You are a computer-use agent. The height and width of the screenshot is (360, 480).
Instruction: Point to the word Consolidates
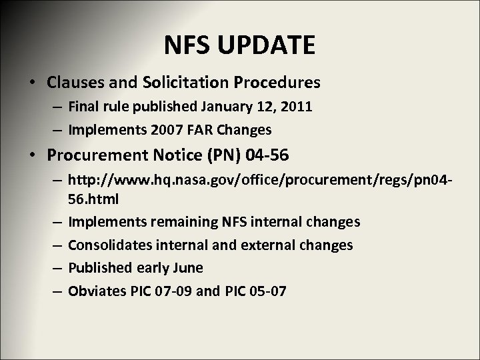(110, 245)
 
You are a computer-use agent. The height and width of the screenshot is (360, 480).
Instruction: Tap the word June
(188, 268)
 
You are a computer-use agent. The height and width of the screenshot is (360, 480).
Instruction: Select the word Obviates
(95, 291)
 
